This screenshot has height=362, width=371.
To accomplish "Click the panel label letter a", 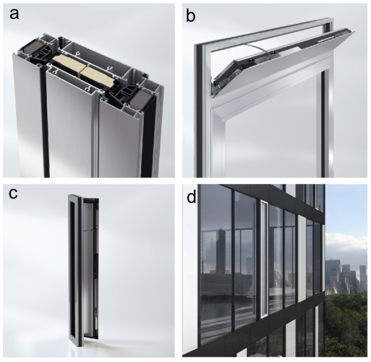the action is click(14, 14).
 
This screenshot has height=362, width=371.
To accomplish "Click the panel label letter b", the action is click(191, 16).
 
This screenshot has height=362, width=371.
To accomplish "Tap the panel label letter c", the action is click(13, 194).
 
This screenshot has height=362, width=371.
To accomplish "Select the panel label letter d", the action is click(191, 197).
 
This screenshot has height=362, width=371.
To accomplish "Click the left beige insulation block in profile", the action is click(66, 65).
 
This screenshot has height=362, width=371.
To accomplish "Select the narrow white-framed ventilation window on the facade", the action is click(264, 259).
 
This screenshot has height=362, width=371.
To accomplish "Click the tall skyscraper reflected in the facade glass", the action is click(221, 251).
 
